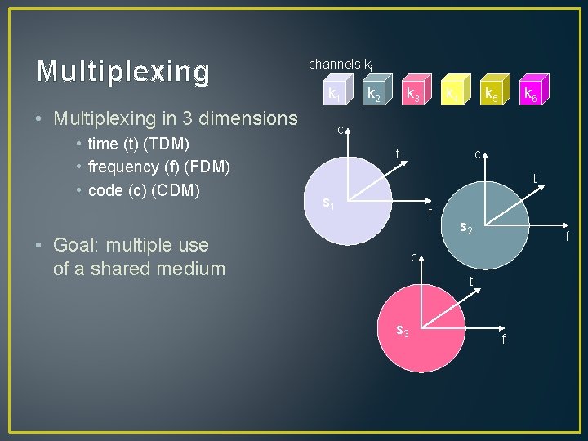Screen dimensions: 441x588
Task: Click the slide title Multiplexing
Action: [x=123, y=72]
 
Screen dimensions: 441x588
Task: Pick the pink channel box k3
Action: [x=414, y=95]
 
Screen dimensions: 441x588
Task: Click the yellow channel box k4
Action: [x=452, y=95]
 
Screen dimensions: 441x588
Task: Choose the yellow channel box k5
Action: [x=492, y=95]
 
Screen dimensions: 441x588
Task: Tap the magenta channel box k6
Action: [x=531, y=95]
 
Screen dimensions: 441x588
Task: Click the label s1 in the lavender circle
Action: [x=328, y=202]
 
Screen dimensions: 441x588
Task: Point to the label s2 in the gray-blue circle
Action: [x=467, y=227]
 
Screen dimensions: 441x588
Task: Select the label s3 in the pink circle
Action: [x=402, y=330]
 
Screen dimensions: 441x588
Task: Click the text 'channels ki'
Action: [x=341, y=64]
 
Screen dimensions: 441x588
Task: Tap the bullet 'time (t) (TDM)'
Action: [x=138, y=145]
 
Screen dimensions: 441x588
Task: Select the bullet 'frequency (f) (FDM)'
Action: [x=158, y=167]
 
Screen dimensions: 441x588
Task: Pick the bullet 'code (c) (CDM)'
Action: [x=144, y=189]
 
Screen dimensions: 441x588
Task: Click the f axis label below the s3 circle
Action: [x=503, y=339]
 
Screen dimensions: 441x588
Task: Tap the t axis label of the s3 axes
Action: [x=470, y=282]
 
